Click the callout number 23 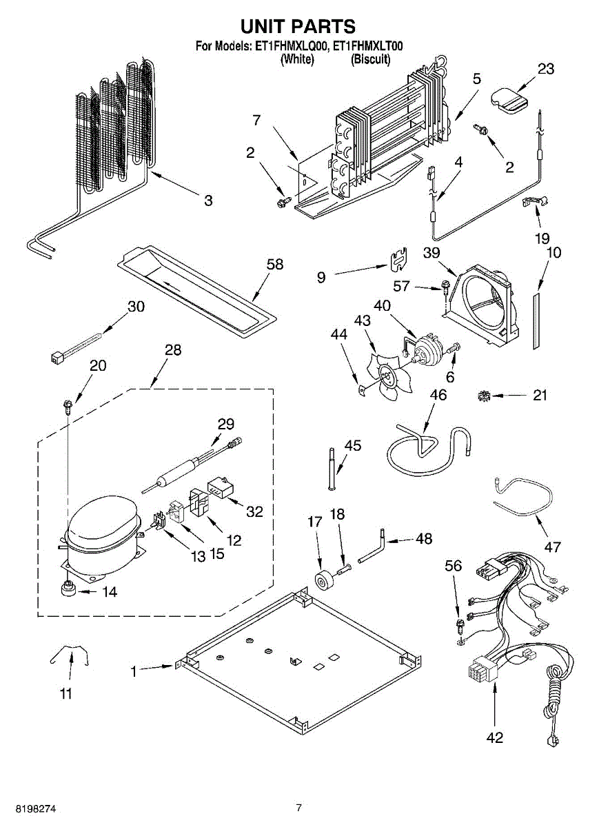click(546, 69)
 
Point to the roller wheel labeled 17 click(324, 583)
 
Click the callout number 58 click(275, 265)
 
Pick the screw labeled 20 click(69, 405)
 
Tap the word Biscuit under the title click(370, 59)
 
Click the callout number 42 click(494, 737)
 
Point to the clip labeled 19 click(535, 201)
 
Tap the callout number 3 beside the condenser click(209, 201)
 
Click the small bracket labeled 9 click(399, 259)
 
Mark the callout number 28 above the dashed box click(173, 349)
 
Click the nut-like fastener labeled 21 click(483, 396)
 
